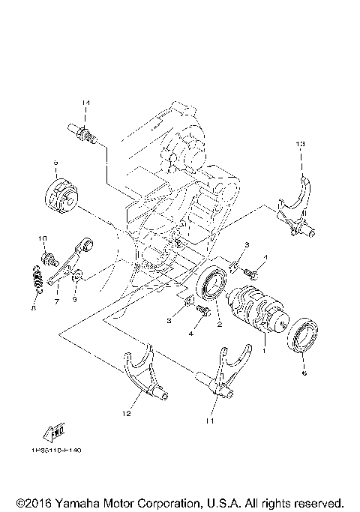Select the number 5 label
(55, 162)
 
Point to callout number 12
(126, 412)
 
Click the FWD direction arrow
(55, 433)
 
